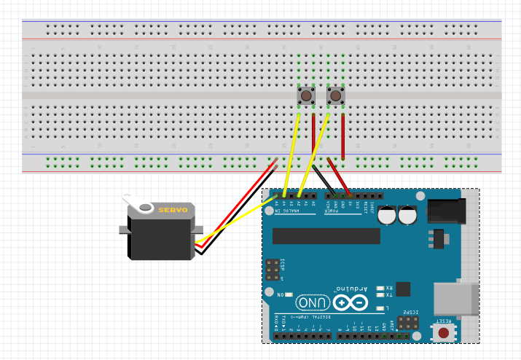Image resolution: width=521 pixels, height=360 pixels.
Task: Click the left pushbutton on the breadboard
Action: point(306,96)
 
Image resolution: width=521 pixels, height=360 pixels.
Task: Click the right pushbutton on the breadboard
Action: point(335,96)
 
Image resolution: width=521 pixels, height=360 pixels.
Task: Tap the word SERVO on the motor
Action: point(173,211)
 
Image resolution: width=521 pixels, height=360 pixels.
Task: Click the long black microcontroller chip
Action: point(326,236)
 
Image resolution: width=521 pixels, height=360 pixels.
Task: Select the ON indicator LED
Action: point(290,294)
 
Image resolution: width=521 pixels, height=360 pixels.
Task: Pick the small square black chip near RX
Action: point(402,288)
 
